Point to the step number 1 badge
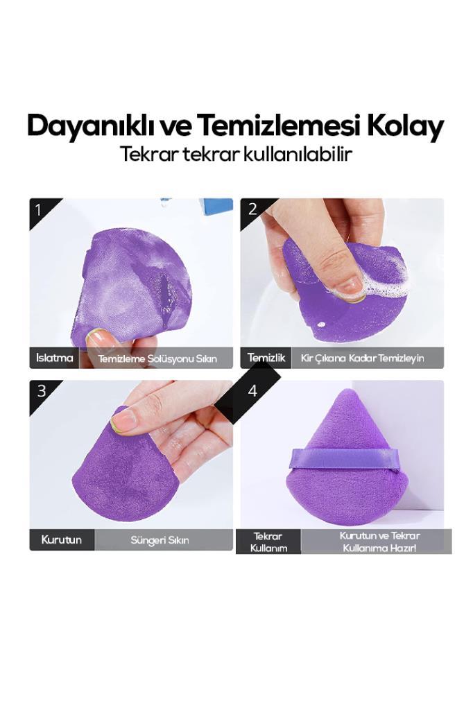(39, 209)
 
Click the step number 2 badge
(252, 209)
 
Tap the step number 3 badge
(42, 391)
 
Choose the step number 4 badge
(252, 391)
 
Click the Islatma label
(55, 358)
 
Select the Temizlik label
(266, 358)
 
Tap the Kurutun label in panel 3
(61, 539)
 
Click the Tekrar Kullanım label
(268, 542)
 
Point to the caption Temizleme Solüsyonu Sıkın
(157, 358)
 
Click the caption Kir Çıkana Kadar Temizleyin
(362, 358)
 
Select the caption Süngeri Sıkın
(160, 540)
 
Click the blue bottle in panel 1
(217, 207)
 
